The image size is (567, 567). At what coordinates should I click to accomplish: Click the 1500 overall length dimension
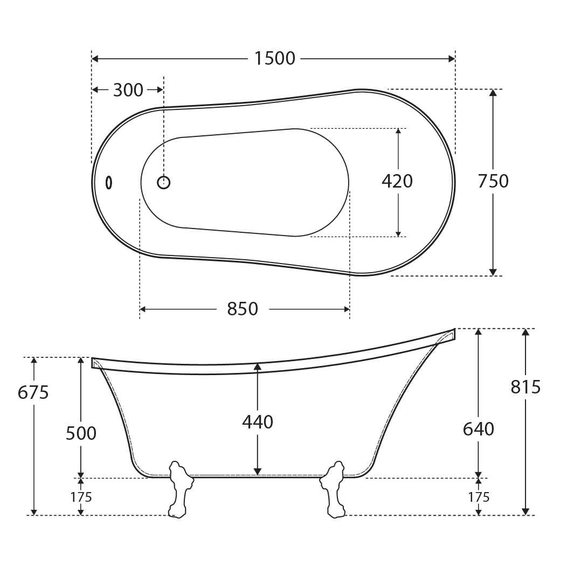tap(275, 59)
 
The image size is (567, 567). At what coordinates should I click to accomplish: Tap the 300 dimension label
tap(128, 90)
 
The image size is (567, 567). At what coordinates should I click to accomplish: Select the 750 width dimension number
tap(493, 181)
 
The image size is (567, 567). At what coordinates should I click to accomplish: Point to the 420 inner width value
tap(397, 181)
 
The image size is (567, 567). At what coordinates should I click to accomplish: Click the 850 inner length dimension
tap(243, 309)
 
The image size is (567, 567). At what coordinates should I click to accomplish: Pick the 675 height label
tap(33, 392)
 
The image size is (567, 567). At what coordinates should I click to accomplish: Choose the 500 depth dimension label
tap(81, 433)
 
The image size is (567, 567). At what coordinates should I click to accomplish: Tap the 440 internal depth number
tap(258, 422)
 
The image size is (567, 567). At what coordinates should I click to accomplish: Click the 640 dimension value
tap(479, 429)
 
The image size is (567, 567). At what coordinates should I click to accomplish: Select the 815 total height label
tap(525, 387)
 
